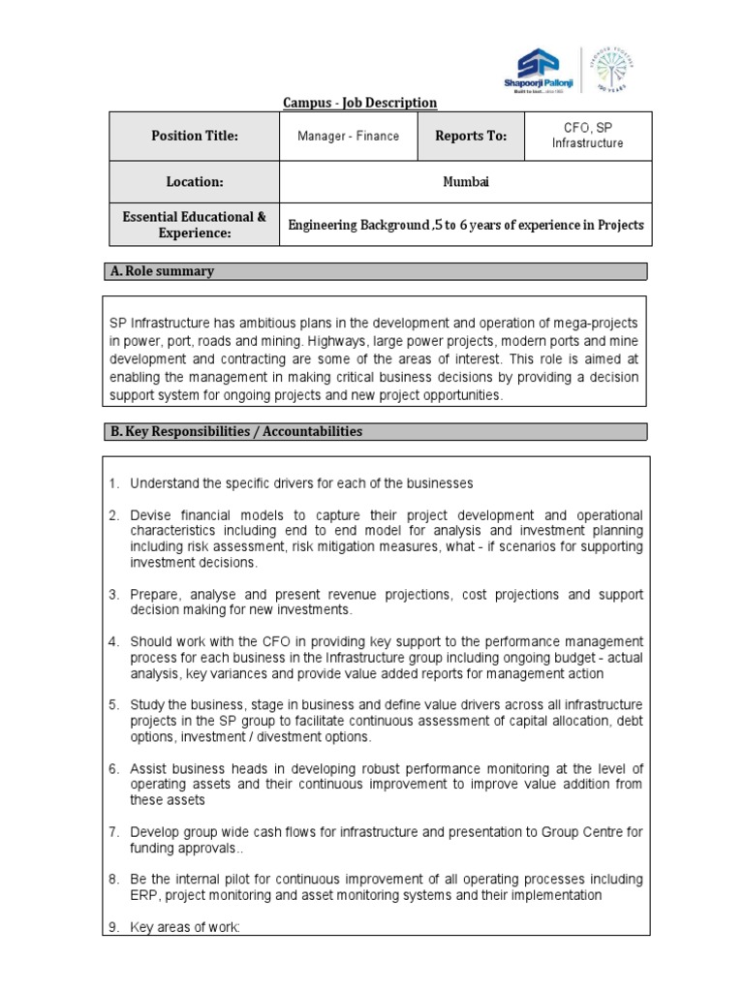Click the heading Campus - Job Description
pos(359,103)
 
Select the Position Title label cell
pos(194,137)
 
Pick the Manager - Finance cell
pos(348,137)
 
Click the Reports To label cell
pos(471,137)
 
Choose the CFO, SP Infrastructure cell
pos(587,137)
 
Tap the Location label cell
pos(194,182)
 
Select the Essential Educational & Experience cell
pos(194,225)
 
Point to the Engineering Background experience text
pos(465,226)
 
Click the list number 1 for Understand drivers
pos(112,483)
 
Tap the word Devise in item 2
pos(151,514)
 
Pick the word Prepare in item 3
pos(155,594)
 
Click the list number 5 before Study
pos(112,704)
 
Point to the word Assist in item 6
pos(149,768)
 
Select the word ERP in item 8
pos(143,895)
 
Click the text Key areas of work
pos(184,927)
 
